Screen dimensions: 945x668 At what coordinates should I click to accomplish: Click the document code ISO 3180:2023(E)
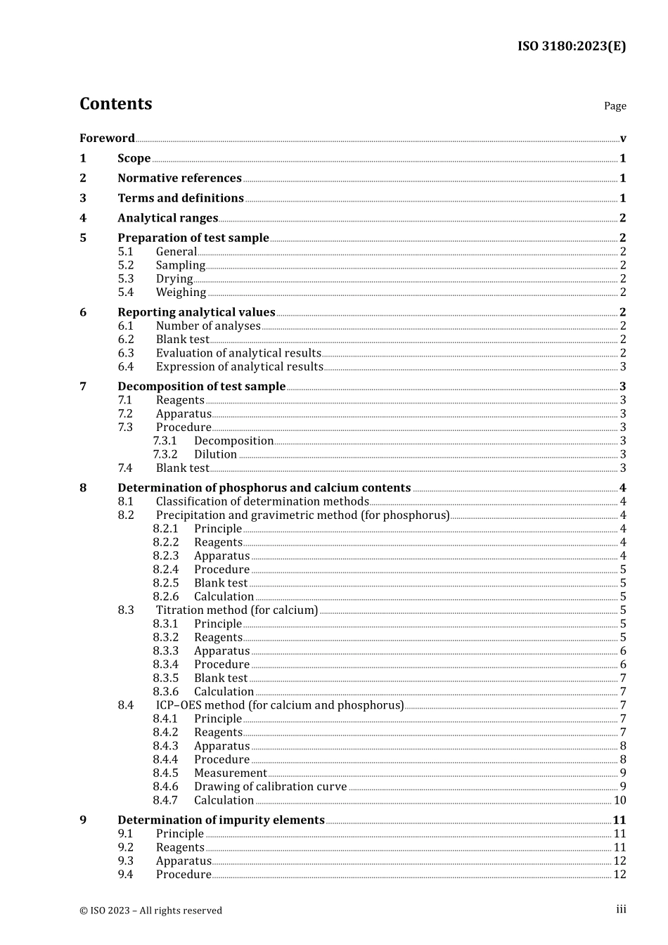pos(571,46)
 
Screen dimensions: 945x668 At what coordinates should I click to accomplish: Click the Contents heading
pos(115,104)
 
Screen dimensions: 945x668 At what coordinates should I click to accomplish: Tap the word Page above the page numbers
pos(615,106)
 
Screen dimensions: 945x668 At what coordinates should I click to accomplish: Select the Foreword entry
pos(107,139)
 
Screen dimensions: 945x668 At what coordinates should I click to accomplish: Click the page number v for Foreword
pos(623,139)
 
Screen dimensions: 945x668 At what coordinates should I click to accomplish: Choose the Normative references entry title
pos(179,179)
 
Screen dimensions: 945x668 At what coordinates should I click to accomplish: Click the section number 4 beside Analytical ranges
pos(83,218)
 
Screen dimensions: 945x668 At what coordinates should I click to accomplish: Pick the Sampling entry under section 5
pos(181,265)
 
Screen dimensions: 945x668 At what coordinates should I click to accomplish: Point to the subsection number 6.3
pos(126,353)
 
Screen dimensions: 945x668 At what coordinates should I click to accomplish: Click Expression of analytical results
pos(239,366)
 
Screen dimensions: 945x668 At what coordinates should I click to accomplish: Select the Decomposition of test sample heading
pos(201,387)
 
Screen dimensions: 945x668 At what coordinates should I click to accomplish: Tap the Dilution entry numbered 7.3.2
pos(215,454)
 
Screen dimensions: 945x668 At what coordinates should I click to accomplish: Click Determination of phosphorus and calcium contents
pos(264,488)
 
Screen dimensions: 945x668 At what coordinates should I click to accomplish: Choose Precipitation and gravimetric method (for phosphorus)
pos(302,515)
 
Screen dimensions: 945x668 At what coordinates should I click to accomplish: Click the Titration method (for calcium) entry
pos(237,610)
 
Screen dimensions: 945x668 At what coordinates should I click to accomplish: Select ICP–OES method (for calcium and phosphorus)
pos(280,705)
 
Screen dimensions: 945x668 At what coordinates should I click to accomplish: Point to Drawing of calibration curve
pos(270,787)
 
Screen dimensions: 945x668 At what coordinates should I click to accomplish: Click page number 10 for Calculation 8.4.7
pos(619,800)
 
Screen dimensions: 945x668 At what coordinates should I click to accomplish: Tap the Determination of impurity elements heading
pos(221,821)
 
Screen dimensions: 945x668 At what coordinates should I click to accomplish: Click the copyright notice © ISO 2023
pos(150,911)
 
